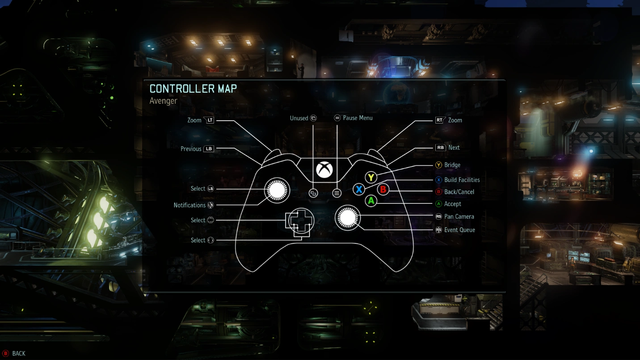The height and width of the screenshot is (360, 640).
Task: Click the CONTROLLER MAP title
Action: (193, 89)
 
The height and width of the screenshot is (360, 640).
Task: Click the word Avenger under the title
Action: (163, 101)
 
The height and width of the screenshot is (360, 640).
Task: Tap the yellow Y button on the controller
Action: (371, 177)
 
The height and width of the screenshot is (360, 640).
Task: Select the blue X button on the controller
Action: (358, 189)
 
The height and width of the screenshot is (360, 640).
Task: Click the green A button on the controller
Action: (371, 201)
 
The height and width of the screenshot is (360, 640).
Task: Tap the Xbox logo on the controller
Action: (324, 170)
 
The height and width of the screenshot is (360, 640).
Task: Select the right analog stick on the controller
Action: (347, 217)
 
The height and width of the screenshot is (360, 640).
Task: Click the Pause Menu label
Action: (358, 118)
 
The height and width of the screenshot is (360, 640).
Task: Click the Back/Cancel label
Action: (459, 192)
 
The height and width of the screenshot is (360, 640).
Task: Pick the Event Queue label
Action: (459, 230)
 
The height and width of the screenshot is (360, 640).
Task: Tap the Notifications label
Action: (189, 205)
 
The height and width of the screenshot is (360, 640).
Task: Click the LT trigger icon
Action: (209, 120)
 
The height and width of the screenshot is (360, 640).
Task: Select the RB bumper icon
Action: (440, 148)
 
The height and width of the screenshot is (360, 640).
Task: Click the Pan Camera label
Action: (459, 216)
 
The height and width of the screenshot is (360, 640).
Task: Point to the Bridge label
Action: (452, 165)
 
